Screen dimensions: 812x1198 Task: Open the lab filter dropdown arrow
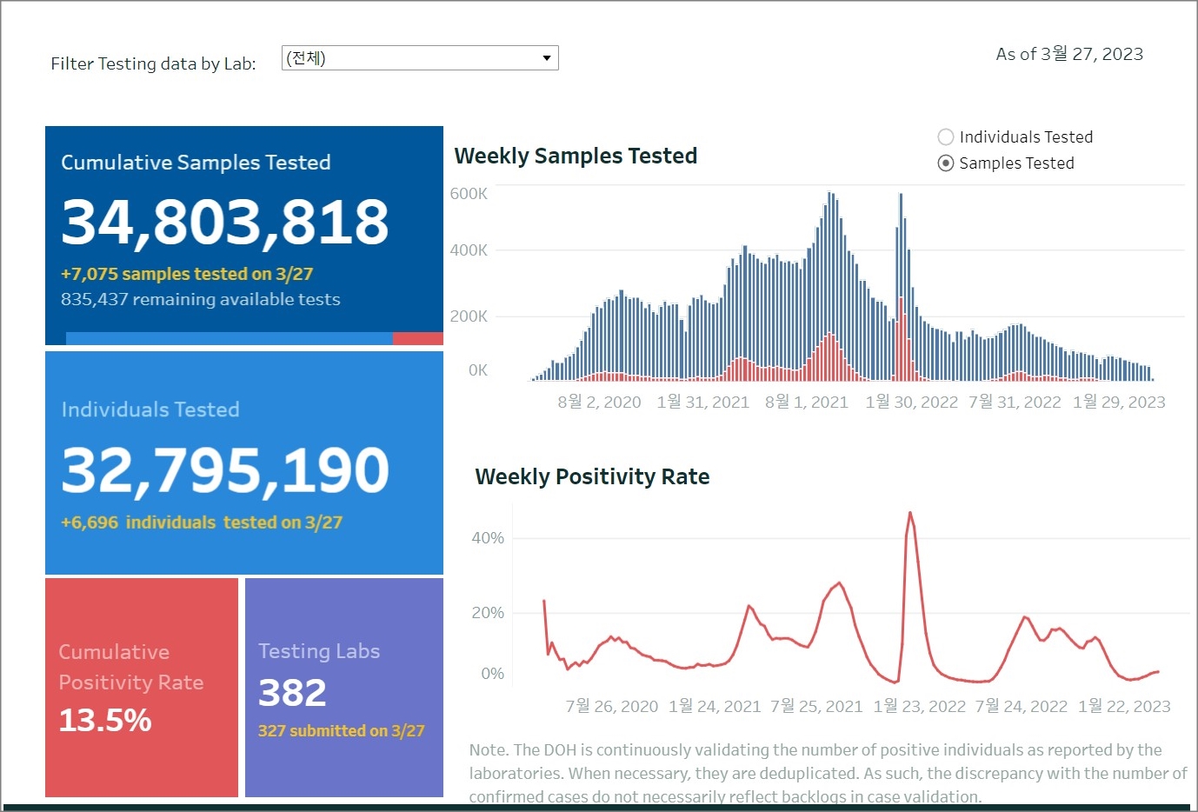click(546, 58)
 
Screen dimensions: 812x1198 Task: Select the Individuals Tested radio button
click(946, 137)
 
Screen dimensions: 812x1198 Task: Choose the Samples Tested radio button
click(946, 163)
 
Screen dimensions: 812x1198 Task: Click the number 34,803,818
click(225, 222)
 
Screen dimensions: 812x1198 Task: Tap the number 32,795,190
click(225, 470)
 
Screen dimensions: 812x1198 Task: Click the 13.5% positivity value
click(105, 720)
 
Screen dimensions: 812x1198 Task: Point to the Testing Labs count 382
click(292, 693)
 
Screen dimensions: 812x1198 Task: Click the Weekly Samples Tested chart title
click(576, 156)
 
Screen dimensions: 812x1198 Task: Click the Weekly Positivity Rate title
click(592, 476)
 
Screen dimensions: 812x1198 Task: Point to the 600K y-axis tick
click(469, 194)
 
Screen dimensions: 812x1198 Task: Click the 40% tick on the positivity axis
click(488, 538)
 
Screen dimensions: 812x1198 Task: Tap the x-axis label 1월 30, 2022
click(911, 402)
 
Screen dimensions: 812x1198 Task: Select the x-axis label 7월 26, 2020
click(612, 706)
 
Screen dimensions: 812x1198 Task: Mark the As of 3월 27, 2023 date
click(1069, 54)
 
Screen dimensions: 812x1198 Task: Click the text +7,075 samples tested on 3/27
click(187, 274)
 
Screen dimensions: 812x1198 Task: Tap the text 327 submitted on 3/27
click(341, 731)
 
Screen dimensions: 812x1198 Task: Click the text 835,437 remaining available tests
click(201, 299)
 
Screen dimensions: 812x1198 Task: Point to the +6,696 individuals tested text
click(202, 522)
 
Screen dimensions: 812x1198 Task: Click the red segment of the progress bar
click(417, 338)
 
